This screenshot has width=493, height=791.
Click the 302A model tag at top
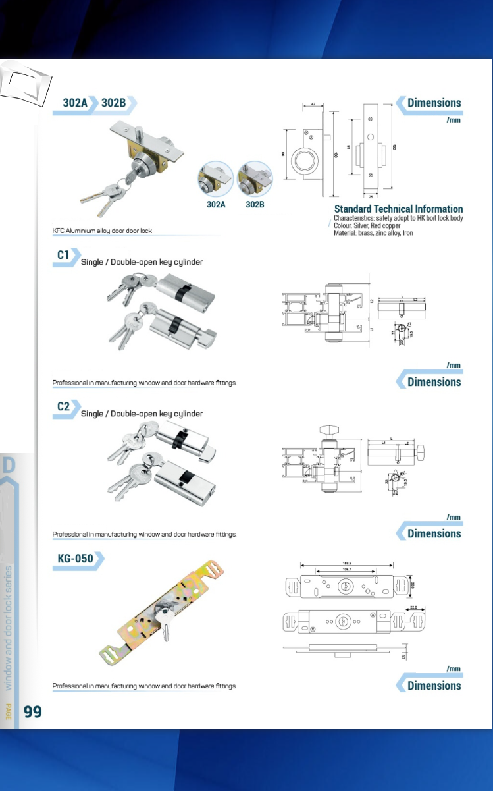coord(75,103)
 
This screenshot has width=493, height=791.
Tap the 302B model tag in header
coord(114,103)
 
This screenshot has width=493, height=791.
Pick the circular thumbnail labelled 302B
coord(255,178)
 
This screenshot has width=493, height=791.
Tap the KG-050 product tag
coord(75,559)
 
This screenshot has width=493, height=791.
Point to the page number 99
coord(33,711)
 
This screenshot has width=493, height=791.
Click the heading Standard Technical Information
coord(398,209)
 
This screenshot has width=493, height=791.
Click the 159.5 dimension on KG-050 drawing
coord(346,564)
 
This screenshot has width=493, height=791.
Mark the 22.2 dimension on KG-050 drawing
coord(413,608)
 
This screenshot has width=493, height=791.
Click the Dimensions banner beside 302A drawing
coord(433,103)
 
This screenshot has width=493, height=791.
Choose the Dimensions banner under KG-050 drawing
coord(433,686)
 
